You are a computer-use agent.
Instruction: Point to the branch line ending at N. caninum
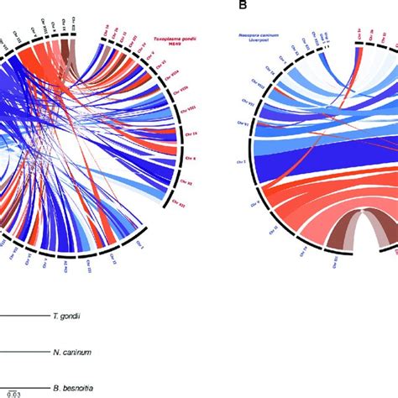pos(25,353)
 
